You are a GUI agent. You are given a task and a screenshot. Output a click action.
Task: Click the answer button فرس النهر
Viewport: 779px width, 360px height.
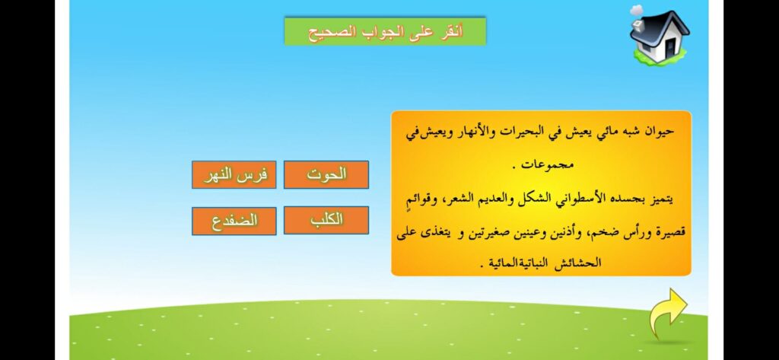[234, 175]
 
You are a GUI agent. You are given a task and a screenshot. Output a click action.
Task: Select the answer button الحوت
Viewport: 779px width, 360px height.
[326, 174]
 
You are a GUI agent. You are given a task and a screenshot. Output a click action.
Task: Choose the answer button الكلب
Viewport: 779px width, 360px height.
[326, 220]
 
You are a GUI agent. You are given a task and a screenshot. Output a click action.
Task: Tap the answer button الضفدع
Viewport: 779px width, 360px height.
[234, 221]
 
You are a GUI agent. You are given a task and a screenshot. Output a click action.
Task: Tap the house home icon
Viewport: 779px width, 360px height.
[659, 35]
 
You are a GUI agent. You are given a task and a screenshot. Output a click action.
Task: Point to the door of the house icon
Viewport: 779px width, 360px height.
[669, 47]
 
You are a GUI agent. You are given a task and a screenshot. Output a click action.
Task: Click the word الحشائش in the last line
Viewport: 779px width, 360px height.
[581, 263]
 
